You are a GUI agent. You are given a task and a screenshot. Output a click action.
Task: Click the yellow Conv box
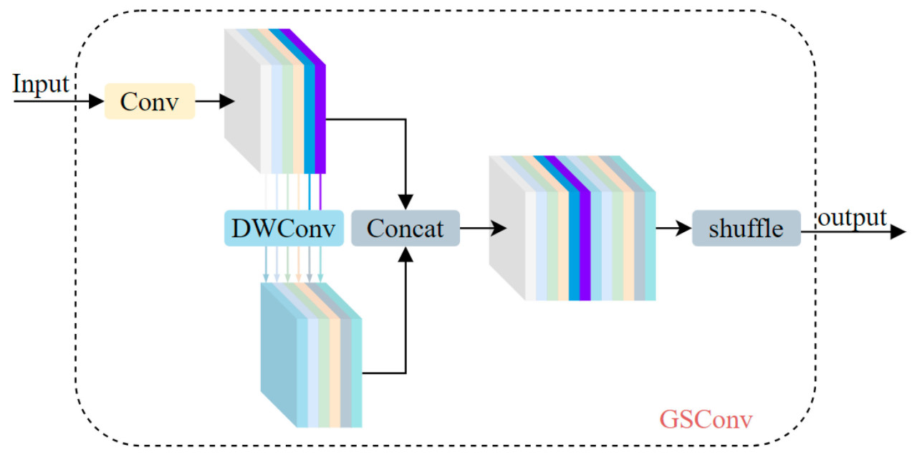150,101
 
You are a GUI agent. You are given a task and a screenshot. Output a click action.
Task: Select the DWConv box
284,228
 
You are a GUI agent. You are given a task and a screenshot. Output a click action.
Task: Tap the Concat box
405,228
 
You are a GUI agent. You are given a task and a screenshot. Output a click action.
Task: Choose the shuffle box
746,229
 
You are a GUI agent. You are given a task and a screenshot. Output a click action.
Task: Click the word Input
41,84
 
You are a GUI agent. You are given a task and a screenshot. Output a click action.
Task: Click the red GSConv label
706,418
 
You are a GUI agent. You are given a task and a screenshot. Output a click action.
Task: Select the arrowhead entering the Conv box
97,101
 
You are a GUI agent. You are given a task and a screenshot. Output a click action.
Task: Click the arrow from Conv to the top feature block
215,101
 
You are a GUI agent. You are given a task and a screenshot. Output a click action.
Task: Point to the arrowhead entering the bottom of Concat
405,255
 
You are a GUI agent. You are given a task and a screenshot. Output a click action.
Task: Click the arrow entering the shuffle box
673,229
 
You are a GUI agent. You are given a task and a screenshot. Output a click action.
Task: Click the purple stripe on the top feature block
320,118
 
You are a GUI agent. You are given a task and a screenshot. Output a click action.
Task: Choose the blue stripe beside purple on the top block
309,118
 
